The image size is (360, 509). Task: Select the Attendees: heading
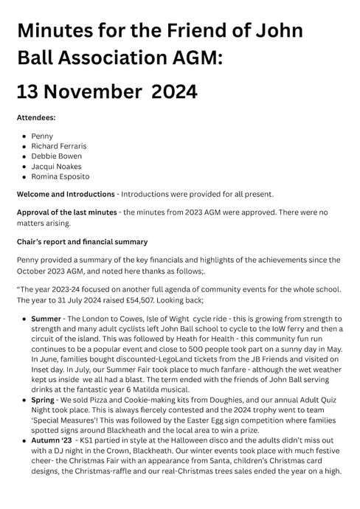point(35,117)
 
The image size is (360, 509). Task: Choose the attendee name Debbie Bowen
point(57,156)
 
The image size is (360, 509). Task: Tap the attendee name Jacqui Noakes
point(58,167)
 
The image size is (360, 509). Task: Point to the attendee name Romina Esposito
point(61,177)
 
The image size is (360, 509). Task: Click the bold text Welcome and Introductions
point(66,194)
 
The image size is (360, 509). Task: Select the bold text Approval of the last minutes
point(66,212)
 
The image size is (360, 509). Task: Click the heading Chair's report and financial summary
point(82,241)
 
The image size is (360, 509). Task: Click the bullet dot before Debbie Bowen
point(24,156)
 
